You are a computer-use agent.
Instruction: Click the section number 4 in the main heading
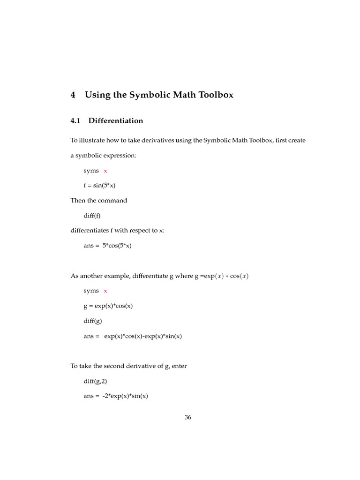point(73,95)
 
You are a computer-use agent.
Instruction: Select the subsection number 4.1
point(75,121)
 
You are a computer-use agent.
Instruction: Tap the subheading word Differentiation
point(116,121)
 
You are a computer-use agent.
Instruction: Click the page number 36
point(188,418)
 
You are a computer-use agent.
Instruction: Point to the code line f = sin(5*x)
point(99,186)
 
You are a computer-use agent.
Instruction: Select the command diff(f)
point(92,216)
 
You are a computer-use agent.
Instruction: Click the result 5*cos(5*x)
point(117,246)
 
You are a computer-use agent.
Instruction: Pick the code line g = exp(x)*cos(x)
point(108,306)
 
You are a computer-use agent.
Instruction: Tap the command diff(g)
point(93,321)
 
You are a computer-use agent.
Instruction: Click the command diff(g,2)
point(96,381)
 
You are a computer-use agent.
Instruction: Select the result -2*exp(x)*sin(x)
point(125,396)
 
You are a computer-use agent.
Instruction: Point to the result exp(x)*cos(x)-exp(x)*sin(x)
point(142,336)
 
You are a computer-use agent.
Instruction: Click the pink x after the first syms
point(105,171)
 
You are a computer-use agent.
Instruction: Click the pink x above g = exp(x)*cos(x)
point(105,291)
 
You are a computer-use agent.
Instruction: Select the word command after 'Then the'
point(112,201)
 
